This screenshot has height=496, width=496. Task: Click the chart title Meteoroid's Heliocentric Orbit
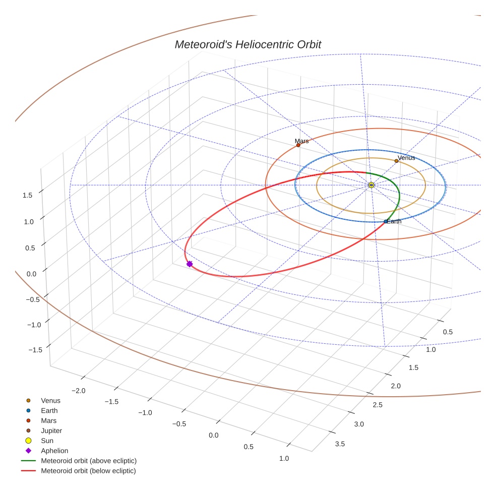[247, 45]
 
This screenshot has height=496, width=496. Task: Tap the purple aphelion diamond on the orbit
[190, 264]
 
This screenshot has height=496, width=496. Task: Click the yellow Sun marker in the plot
[371, 185]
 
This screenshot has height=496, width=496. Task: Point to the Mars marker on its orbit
[298, 145]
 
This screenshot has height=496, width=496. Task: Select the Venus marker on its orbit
[396, 161]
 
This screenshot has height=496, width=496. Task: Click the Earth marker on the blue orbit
[386, 221]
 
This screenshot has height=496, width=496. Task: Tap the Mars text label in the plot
[302, 141]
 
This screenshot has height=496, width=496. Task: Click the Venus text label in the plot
[406, 158]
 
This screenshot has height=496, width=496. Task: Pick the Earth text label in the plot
[394, 221]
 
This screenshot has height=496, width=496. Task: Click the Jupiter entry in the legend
[51, 430]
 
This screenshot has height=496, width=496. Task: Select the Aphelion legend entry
[54, 451]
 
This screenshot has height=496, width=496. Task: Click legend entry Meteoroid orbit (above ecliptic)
[88, 461]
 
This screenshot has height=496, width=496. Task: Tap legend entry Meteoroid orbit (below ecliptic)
[88, 471]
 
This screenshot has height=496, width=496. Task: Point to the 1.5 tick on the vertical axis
[28, 195]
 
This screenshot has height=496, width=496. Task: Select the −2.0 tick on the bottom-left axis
[79, 391]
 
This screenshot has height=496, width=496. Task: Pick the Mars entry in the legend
[48, 420]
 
